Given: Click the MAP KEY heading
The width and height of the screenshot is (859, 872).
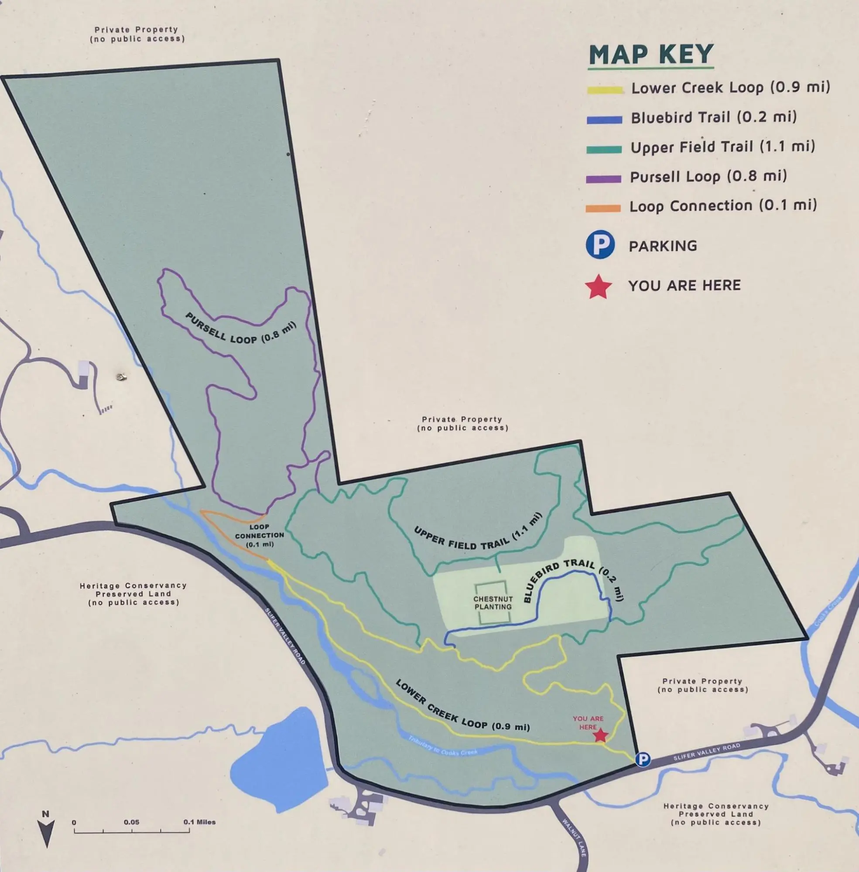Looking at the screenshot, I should coord(650,55).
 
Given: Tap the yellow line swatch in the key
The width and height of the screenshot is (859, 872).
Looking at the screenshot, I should coord(604,90).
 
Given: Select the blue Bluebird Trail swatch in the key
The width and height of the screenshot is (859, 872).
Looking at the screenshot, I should coord(604,120).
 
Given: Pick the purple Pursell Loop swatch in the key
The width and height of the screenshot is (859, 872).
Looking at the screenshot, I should coord(603,179).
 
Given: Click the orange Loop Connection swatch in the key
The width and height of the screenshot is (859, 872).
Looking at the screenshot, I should coord(603,209).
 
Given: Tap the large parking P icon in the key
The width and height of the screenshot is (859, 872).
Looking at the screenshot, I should coord(600,245).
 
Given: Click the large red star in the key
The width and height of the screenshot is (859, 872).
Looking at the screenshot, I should coord(598,287).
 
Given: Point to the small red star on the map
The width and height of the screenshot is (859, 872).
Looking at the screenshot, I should coord(600,735).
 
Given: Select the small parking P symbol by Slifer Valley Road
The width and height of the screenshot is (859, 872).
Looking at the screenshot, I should coord(643,759).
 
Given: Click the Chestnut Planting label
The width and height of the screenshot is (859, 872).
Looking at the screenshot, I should coord(493,603).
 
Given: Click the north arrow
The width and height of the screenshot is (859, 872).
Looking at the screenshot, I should coord(46,832).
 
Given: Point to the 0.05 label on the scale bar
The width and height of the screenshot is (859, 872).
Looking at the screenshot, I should coord(131,822).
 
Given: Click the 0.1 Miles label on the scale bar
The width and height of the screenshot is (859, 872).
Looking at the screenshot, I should coord(199,822).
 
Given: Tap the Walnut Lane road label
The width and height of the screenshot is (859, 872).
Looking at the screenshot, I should coord(574,837).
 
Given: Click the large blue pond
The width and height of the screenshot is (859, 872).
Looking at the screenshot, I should coord(280,762).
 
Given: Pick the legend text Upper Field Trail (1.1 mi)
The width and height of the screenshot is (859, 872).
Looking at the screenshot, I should coord(722,147).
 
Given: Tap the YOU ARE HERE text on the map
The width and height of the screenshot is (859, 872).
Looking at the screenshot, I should coord(588,723).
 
